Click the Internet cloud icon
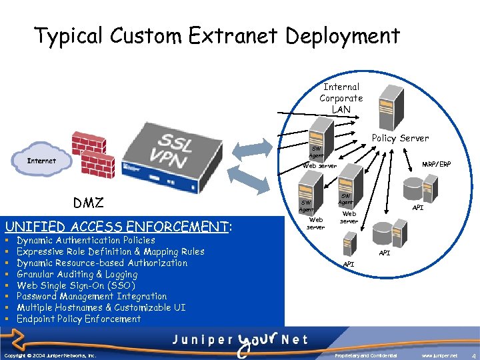(41, 161)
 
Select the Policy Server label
(400, 138)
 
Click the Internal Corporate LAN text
(341, 98)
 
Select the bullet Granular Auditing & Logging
(77, 274)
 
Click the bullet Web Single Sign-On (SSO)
(76, 285)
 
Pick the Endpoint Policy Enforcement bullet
(79, 319)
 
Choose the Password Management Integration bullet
(91, 296)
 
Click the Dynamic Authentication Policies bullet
(85, 240)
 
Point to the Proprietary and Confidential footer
(366, 356)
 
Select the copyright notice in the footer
(50, 356)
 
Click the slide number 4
(472, 356)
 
